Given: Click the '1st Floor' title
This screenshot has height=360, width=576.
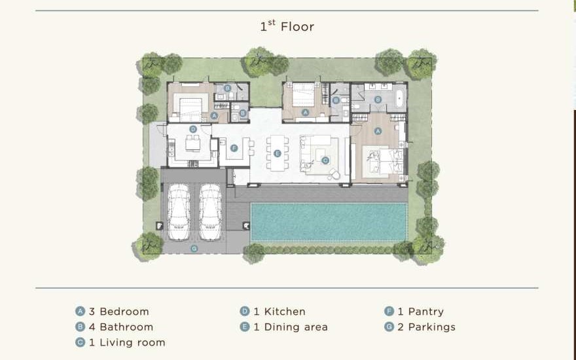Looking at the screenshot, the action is coord(287,26).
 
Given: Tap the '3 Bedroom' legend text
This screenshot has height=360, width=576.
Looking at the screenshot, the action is coord(118,312).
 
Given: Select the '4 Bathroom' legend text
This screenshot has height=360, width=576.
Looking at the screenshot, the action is coord(121,327).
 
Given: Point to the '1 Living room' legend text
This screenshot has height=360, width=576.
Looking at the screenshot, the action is coord(127,343).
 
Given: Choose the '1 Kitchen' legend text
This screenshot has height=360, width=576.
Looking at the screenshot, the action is coord(279,312).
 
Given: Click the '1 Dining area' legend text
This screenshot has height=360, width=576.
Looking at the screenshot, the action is coord(290,327).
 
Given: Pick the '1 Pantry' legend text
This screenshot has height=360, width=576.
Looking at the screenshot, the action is coord(420,312).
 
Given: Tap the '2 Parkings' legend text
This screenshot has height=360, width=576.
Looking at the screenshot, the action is coord(426,327).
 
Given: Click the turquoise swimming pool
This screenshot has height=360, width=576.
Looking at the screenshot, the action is coord(329,222).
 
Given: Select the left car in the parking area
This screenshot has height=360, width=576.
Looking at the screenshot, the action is coord(179,212).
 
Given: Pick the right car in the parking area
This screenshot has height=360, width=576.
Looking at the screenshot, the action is coord(210,212).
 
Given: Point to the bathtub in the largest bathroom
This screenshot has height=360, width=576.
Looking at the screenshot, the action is coord(399,98).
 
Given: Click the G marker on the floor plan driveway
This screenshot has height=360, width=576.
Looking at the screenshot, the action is coord(194,249).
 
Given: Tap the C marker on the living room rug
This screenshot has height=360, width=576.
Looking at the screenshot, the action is coord(325,160).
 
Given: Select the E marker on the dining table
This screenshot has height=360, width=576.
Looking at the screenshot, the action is coord(278,154).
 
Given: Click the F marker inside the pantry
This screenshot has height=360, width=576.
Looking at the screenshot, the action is coord(234,149).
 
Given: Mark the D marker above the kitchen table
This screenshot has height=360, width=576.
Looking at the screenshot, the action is coord(193,129).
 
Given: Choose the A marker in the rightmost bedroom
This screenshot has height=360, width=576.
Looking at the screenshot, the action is coord(378,131).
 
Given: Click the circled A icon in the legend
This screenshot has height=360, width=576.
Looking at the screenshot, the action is coord(80,311).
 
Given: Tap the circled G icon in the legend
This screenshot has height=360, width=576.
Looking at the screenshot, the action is coord(389,327).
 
